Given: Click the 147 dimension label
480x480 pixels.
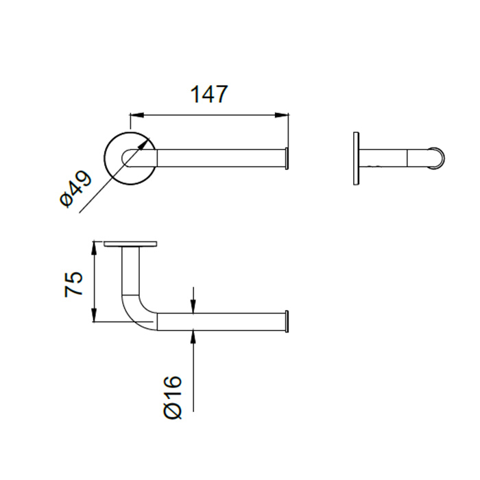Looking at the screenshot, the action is pyautogui.click(x=209, y=94).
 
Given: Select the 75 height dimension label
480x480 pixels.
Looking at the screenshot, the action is pyautogui.click(x=74, y=283).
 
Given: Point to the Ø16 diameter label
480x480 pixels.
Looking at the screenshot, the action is pyautogui.click(x=173, y=397).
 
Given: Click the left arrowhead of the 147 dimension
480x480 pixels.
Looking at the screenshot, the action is pyautogui.click(x=137, y=115).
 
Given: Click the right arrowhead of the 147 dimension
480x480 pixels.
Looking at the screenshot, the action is pyautogui.click(x=282, y=115).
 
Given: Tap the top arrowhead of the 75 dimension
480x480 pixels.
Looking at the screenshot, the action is pyautogui.click(x=95, y=248).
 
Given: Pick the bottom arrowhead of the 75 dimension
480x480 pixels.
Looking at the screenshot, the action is pyautogui.click(x=95, y=315).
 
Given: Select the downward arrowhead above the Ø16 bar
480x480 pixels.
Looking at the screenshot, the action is pyautogui.click(x=193, y=307).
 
